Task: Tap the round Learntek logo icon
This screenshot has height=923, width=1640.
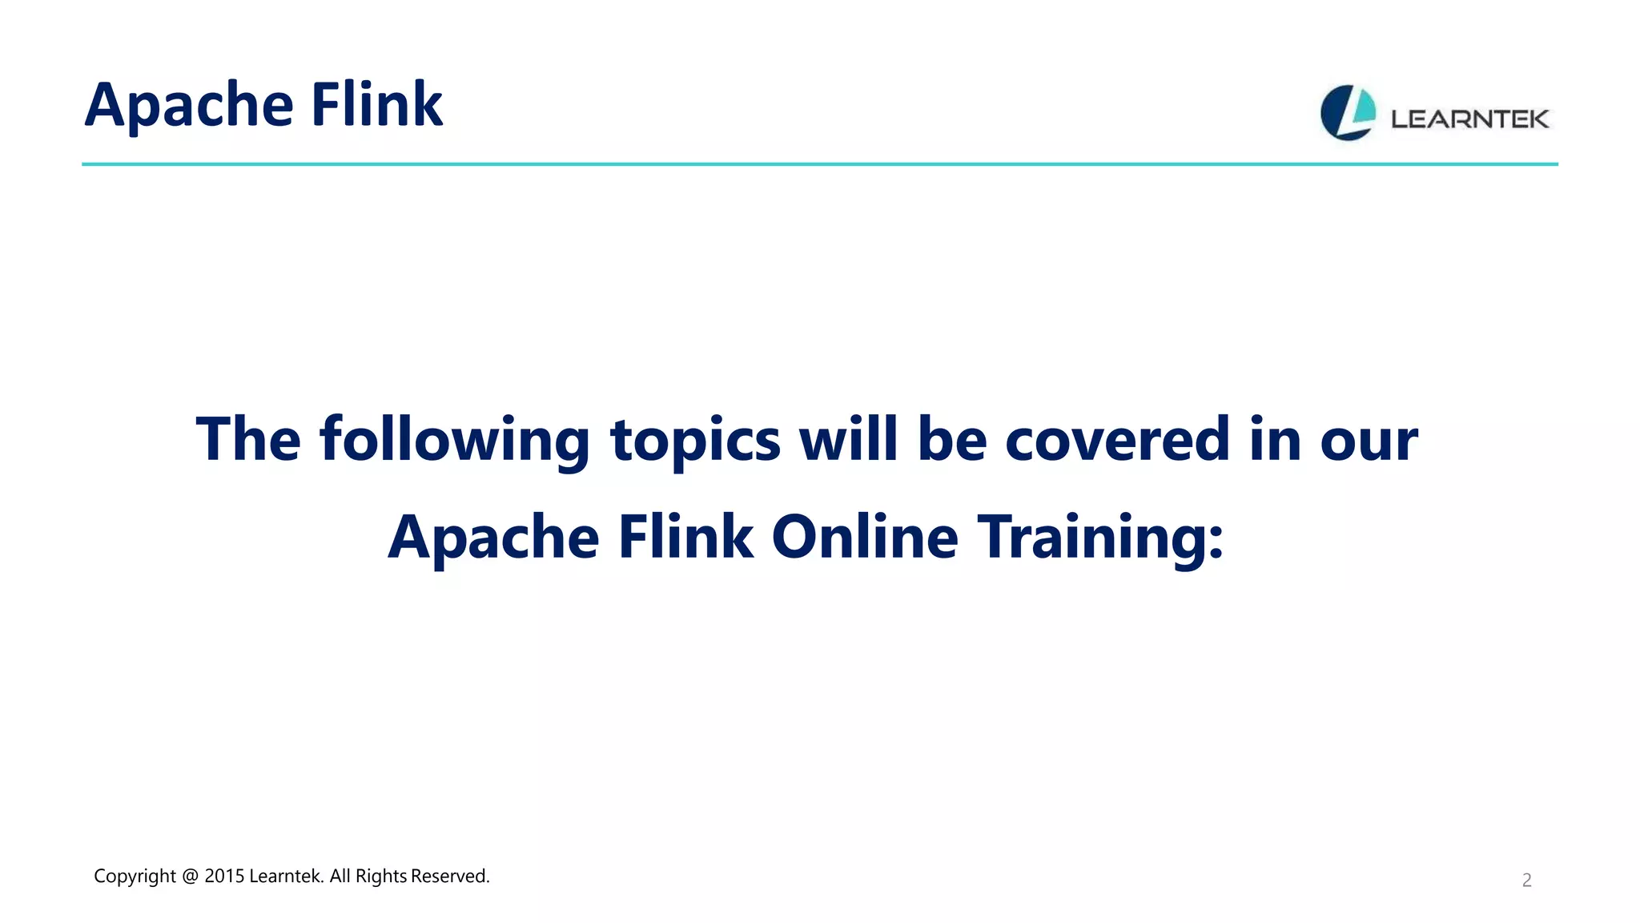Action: click(x=1348, y=113)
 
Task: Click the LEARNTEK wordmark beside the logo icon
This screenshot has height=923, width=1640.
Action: click(x=1469, y=119)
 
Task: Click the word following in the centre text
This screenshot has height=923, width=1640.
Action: click(x=454, y=440)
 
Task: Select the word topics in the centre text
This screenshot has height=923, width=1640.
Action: click(x=695, y=440)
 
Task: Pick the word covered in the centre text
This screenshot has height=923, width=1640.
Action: click(x=1117, y=440)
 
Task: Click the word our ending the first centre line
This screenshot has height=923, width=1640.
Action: click(x=1369, y=440)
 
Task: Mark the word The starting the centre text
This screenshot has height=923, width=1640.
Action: click(x=248, y=440)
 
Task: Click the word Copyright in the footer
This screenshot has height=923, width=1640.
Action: click(x=135, y=877)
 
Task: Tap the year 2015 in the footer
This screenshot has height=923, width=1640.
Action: click(x=224, y=877)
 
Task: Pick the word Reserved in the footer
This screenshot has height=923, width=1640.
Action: click(x=449, y=877)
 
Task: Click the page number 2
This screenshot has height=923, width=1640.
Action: click(x=1526, y=881)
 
